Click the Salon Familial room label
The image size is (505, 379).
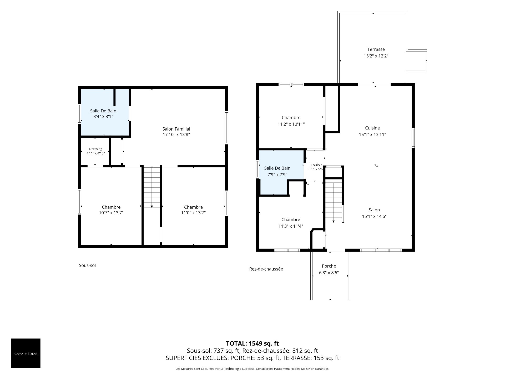176,129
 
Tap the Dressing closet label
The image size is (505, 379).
95,149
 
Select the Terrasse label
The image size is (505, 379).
376,49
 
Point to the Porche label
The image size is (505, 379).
329,266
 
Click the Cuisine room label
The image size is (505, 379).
372,128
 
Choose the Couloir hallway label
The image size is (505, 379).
316,165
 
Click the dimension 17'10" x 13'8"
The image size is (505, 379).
176,134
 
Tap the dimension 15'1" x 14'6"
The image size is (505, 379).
374,216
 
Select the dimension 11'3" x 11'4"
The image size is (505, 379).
291,226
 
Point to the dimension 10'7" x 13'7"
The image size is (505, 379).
111,213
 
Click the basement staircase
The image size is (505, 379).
151,187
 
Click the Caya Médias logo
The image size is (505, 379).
26,353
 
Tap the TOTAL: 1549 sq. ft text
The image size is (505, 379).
252,343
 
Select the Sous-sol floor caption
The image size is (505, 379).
87,265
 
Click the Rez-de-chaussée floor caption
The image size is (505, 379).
266,269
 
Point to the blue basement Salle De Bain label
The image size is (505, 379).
103,111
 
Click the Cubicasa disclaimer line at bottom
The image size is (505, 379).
252,369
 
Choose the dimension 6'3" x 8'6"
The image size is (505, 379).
329,273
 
